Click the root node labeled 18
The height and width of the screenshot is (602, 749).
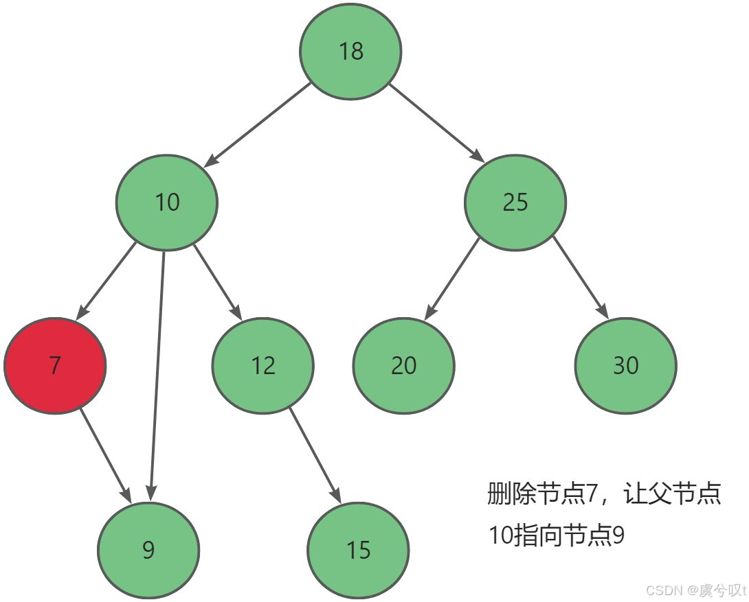point(350,51)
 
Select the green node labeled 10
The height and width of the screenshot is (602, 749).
point(167,202)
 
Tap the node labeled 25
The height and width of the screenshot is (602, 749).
point(515,202)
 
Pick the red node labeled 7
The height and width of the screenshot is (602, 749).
point(55,365)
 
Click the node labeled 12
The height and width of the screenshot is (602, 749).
point(262,365)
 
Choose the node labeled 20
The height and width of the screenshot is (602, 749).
point(403,365)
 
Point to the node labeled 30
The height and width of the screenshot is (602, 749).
point(625,365)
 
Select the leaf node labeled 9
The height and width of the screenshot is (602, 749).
point(148,550)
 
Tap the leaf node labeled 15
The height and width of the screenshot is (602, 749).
point(358,550)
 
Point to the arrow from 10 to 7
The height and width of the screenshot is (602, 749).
point(106,281)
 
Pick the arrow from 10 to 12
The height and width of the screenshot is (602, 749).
point(216,281)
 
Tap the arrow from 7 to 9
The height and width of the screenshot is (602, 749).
point(105,454)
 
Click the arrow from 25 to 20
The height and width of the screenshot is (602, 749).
point(452,279)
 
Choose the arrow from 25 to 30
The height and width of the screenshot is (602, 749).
point(581,279)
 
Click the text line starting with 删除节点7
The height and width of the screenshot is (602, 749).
point(603,494)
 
